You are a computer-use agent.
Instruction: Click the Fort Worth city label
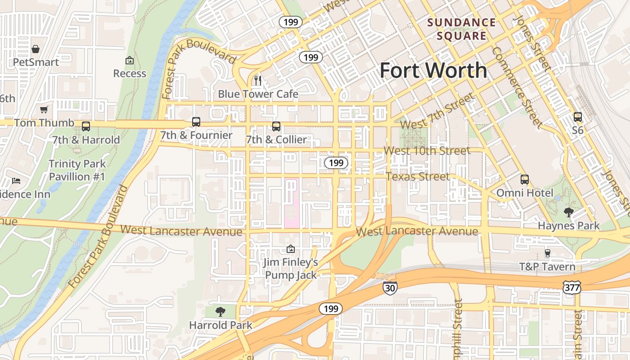433,71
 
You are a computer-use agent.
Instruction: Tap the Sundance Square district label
461,29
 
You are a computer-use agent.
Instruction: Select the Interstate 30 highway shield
390,288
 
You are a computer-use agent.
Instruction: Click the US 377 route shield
571,287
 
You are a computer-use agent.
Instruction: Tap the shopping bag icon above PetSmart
36,49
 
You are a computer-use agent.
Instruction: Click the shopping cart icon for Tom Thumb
44,109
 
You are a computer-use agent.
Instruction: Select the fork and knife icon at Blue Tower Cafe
258,81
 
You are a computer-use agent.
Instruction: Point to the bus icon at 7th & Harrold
86,126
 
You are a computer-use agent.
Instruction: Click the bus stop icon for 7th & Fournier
196,122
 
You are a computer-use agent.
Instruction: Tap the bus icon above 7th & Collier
276,126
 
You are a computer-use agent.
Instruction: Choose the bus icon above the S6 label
578,117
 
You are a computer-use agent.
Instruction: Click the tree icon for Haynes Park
569,212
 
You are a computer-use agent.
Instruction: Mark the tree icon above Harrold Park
220,311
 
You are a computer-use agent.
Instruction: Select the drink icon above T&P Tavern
547,253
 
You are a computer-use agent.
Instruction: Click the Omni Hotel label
525,193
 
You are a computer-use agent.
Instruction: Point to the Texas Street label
418,176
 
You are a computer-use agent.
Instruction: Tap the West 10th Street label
427,150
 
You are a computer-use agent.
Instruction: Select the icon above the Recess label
130,60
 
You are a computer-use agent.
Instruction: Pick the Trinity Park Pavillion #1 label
77,170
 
